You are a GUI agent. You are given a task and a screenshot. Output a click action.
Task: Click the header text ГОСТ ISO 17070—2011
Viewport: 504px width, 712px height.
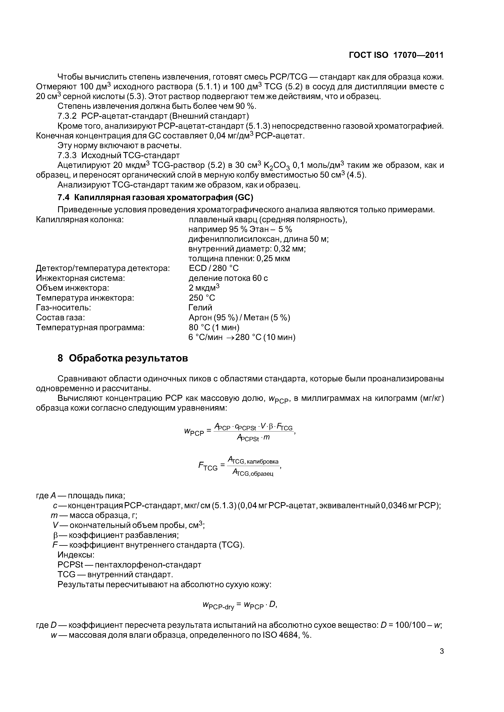(x=396, y=55)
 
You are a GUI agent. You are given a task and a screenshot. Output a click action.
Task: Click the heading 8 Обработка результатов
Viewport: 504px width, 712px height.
(x=123, y=358)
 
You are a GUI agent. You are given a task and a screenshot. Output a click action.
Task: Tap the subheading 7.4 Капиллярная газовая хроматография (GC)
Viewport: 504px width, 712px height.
(x=155, y=197)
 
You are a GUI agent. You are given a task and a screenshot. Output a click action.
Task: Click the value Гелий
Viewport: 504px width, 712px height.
(x=200, y=308)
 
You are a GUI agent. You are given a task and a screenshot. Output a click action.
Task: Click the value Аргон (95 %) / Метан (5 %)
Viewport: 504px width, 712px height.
(x=239, y=318)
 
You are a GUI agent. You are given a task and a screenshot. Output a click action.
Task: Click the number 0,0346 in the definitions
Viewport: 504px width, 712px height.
(x=394, y=506)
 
